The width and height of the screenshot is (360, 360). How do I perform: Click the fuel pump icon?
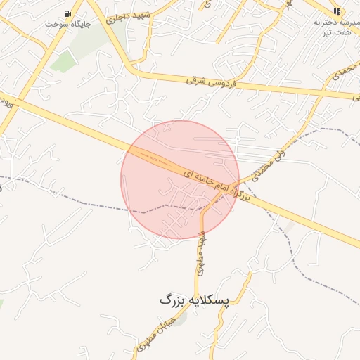click(x=67, y=13)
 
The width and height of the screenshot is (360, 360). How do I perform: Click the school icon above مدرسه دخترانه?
click(x=337, y=12)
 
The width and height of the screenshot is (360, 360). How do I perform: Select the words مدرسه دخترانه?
click(x=337, y=22)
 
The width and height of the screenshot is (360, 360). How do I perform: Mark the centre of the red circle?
click(x=180, y=179)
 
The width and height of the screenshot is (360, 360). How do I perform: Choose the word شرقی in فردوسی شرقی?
click(x=198, y=81)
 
